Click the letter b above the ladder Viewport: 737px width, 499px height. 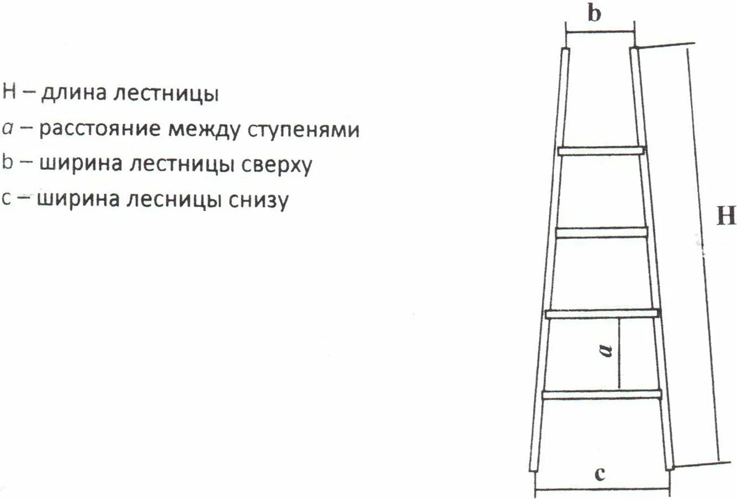(594, 13)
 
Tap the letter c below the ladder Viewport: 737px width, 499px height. (600, 474)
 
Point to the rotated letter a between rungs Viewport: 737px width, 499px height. (606, 349)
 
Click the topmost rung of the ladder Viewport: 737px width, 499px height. (601, 150)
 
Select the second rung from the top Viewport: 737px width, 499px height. (601, 232)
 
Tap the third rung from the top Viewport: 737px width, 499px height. (602, 314)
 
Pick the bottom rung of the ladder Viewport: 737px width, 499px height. (602, 394)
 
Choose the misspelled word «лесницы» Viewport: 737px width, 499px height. (173, 200)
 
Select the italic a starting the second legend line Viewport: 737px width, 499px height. (8, 129)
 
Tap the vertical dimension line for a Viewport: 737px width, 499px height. (619, 354)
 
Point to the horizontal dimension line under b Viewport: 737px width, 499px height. (600, 32)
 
